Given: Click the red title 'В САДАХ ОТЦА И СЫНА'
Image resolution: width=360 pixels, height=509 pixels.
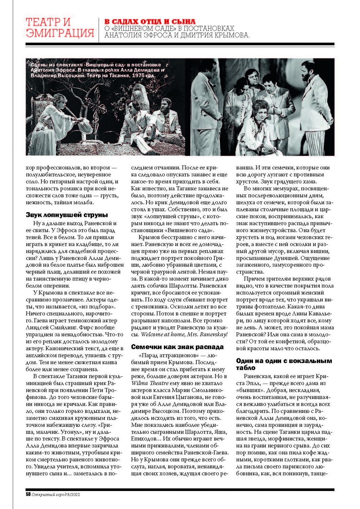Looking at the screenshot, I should coord(150,22).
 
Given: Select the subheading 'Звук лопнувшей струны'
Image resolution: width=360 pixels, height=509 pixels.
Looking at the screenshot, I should coord(67,215).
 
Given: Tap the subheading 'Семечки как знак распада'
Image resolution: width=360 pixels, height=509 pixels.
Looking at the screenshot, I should coord(177,347).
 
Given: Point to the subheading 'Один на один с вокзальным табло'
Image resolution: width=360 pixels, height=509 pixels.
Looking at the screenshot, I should coord(284,364).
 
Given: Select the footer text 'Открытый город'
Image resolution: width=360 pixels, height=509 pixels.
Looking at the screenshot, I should coord(46,494).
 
